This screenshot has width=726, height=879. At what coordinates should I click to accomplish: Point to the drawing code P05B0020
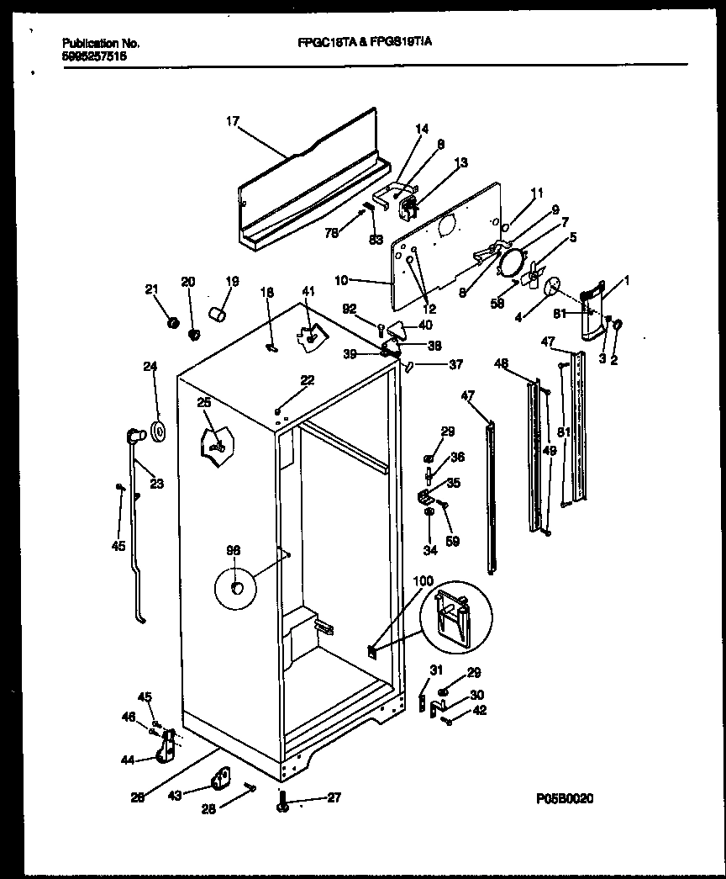click(562, 800)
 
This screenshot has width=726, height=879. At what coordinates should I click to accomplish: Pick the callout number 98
click(233, 550)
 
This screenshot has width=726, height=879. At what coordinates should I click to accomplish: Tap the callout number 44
click(128, 760)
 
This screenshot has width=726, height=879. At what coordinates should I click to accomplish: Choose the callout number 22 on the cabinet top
click(308, 381)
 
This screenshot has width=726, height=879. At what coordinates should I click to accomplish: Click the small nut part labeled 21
click(174, 322)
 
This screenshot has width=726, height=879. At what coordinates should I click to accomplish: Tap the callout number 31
click(435, 670)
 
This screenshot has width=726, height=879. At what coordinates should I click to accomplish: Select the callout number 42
click(479, 710)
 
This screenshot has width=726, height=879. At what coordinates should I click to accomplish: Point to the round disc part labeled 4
click(553, 287)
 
